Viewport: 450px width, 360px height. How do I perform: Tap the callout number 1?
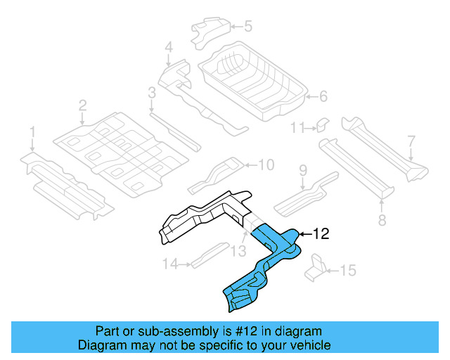pyautogui.click(x=32, y=131)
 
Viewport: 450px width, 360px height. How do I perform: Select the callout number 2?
pyautogui.click(x=82, y=105)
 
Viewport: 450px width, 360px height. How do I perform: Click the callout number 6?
pyautogui.click(x=323, y=96)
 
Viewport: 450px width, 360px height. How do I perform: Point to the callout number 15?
pyautogui.click(x=349, y=270)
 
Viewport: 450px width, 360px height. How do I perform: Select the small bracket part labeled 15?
pyautogui.click(x=317, y=267)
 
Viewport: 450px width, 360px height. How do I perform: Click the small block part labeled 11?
pyautogui.click(x=319, y=124)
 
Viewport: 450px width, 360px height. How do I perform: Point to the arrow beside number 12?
pyautogui.click(x=305, y=234)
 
